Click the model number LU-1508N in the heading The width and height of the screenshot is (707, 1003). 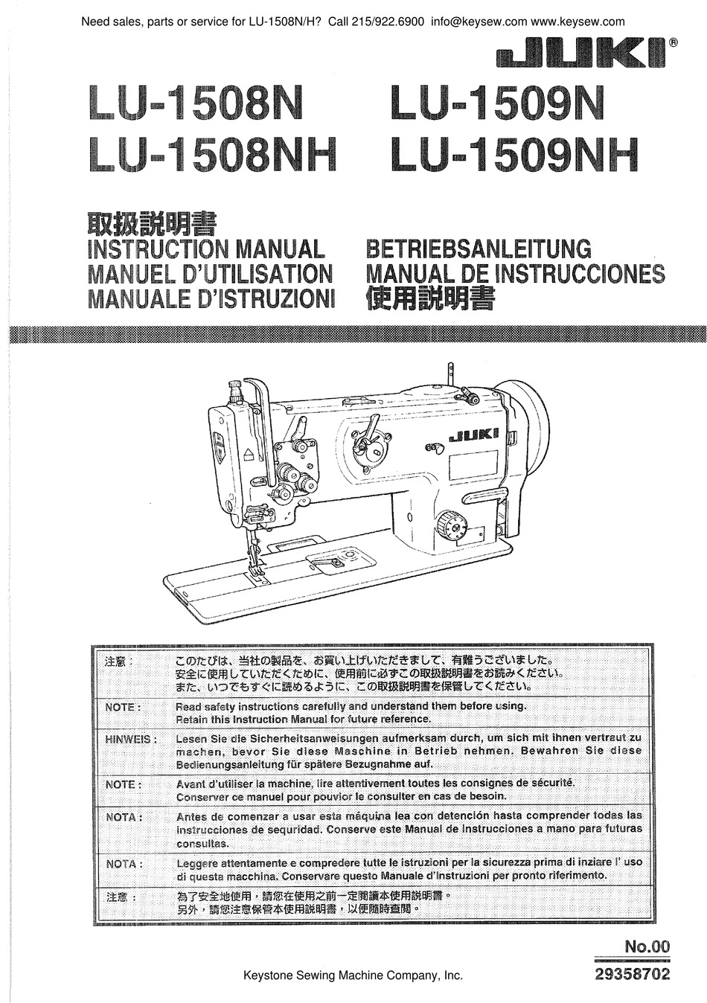tap(195, 105)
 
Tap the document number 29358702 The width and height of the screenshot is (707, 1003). tap(633, 974)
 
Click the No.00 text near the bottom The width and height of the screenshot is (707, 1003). tap(647, 946)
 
